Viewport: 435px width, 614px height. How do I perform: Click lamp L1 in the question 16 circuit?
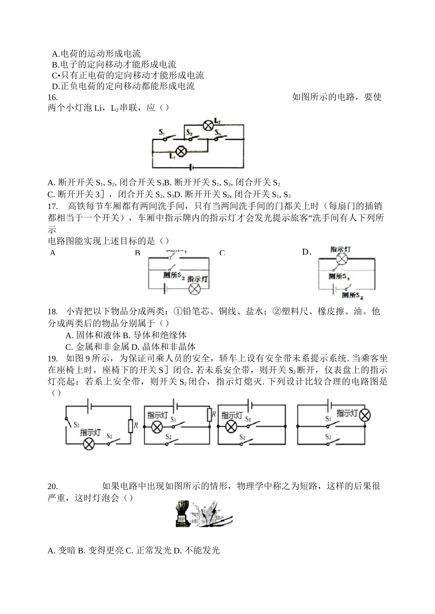[x=181, y=151]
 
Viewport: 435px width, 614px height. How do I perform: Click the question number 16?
[x=53, y=97]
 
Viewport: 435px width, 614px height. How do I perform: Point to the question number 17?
[x=52, y=206]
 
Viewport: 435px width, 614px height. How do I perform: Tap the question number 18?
[x=52, y=312]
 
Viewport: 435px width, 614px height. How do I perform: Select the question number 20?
[x=53, y=486]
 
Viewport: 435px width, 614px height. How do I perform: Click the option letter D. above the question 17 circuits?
[x=306, y=252]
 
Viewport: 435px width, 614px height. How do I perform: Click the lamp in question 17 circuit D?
[x=340, y=259]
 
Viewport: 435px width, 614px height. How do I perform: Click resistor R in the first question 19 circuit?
[x=130, y=425]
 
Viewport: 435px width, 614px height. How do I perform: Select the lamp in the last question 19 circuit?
[x=364, y=415]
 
